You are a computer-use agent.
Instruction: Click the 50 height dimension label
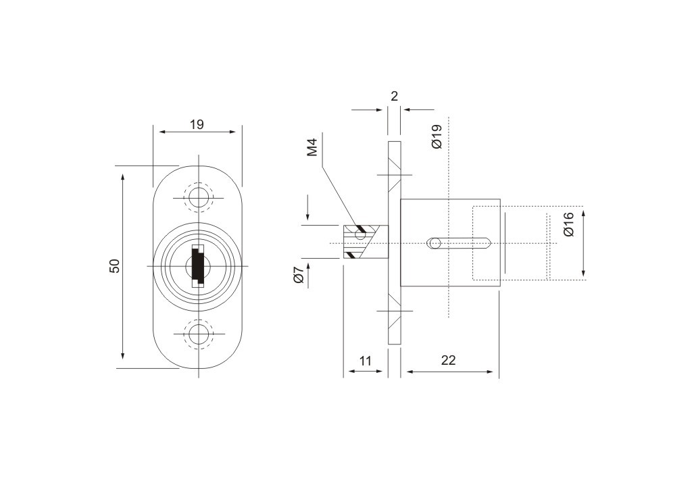pyautogui.click(x=115, y=266)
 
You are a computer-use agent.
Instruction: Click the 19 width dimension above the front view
pyautogui.click(x=197, y=125)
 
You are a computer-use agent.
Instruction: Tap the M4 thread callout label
pyautogui.click(x=312, y=147)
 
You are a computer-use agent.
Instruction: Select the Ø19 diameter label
pyautogui.click(x=437, y=136)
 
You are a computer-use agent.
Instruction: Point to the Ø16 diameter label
pyautogui.click(x=568, y=224)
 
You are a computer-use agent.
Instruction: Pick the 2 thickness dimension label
pyautogui.click(x=395, y=96)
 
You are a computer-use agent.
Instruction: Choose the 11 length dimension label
pyautogui.click(x=365, y=361)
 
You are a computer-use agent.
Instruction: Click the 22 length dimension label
pyautogui.click(x=448, y=360)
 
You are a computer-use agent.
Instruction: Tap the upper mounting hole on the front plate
pyautogui.click(x=199, y=197)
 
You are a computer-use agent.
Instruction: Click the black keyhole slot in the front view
pyautogui.click(x=197, y=265)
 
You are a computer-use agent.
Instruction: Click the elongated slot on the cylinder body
pyautogui.click(x=459, y=243)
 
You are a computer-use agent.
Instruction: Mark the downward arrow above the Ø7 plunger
pyautogui.click(x=307, y=210)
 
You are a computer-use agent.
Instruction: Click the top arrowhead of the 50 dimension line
pyautogui.click(x=123, y=177)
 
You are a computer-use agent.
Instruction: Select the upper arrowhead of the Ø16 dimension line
pyautogui.click(x=583, y=215)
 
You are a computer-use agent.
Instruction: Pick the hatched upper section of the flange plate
pyautogui.click(x=395, y=170)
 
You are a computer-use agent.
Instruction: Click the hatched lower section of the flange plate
pyautogui.click(x=395, y=315)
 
